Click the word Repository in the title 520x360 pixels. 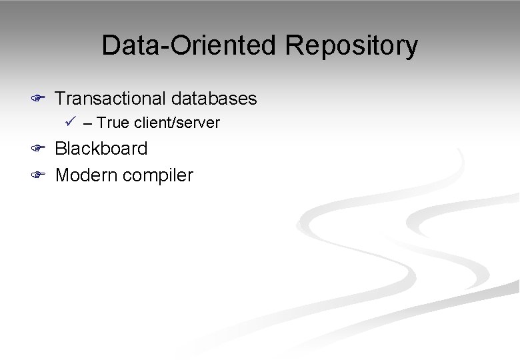point(352,45)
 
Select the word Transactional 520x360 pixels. point(111,99)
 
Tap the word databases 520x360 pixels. point(214,99)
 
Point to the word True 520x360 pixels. point(111,123)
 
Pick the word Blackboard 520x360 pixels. point(101,148)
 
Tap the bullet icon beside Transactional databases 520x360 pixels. point(38,99)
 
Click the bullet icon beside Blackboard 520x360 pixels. point(38,149)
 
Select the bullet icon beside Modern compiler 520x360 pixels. point(38,176)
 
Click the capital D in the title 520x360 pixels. point(111,45)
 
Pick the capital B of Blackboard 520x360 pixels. point(61,148)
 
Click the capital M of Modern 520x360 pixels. point(63,175)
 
